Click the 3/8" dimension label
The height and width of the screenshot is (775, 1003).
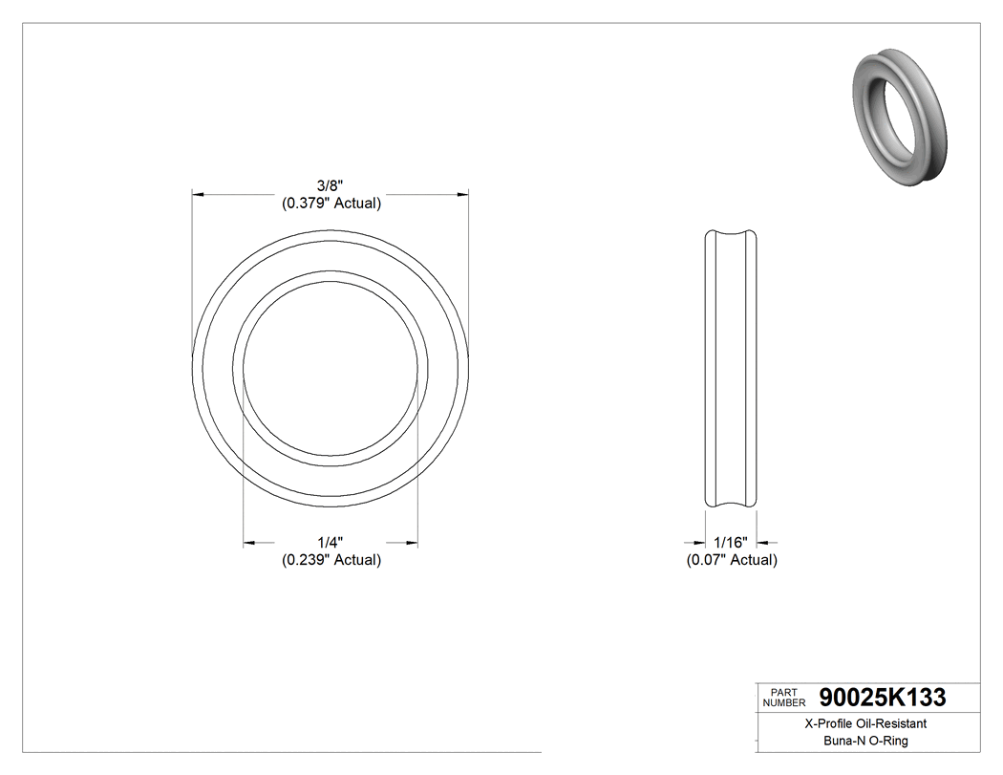pos(331,185)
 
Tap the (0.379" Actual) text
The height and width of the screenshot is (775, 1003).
pos(331,203)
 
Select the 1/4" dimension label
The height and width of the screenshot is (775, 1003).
pos(331,543)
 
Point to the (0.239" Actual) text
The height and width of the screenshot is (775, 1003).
pos(331,560)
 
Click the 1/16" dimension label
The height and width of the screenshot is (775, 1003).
pos(732,543)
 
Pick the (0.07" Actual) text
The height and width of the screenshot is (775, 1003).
pos(732,560)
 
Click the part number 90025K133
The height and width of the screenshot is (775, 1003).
pos(882,698)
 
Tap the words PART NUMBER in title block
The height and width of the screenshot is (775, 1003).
pos(784,698)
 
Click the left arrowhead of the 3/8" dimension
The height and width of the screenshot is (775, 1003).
pos(199,194)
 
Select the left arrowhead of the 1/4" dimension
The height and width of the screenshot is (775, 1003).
pos(249,543)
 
